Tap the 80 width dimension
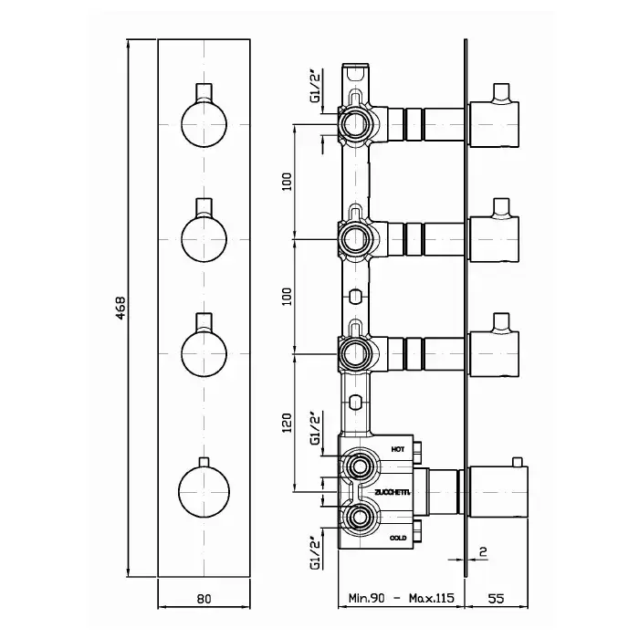point(204,599)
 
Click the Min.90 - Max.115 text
point(399,599)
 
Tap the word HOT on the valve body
point(398,449)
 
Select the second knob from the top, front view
point(204,236)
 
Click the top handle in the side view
point(494,123)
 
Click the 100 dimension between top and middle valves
point(288,181)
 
